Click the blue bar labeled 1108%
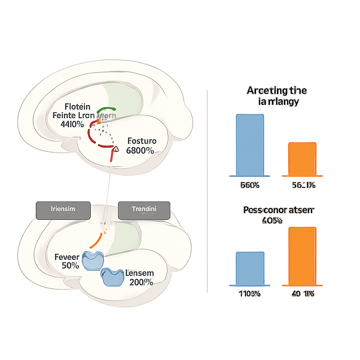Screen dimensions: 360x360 [250, 269]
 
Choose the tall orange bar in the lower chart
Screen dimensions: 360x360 [302, 256]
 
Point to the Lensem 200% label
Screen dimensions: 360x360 [140, 278]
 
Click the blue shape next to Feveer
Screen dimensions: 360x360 [92, 261]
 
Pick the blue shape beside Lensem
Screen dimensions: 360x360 [111, 277]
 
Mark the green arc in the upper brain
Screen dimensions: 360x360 [106, 109]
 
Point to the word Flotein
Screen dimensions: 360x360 [77, 107]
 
